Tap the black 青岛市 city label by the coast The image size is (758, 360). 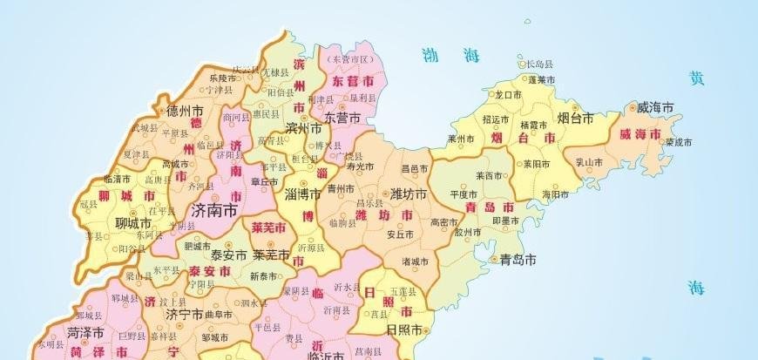518,260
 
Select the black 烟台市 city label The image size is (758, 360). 575,117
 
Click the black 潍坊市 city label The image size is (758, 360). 408,193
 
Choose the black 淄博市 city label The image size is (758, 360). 304,194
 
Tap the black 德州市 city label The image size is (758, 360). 185,111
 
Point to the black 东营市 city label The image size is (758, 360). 342,116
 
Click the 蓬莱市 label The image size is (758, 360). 542,79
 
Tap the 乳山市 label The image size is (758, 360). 589,162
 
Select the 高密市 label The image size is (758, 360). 445,222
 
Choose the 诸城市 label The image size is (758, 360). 416,262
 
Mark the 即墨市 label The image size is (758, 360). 506,221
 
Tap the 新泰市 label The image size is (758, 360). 263,276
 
